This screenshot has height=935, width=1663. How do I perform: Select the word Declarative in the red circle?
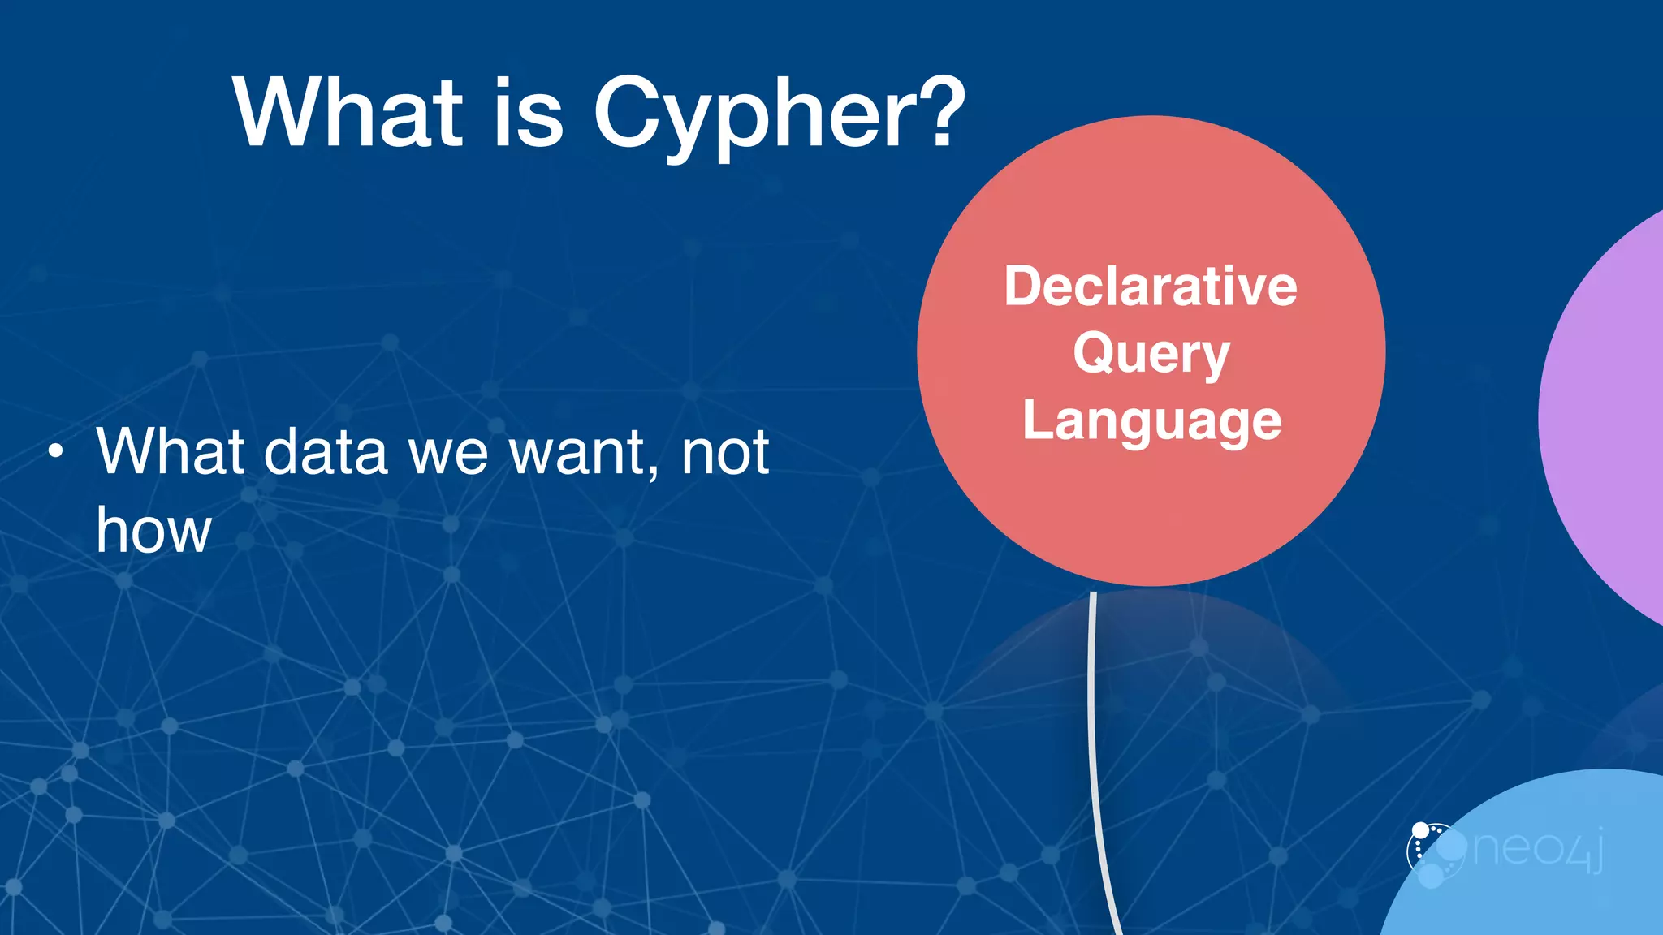[x=1151, y=287]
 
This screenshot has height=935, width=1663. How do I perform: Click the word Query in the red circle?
[x=1151, y=355]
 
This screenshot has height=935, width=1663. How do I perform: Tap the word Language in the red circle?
[x=1151, y=421]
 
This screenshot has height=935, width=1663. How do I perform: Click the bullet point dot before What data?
[x=54, y=451]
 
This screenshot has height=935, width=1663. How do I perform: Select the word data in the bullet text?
[x=326, y=452]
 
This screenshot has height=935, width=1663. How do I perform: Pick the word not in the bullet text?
[x=725, y=452]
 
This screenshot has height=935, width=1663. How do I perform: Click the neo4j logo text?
[x=1537, y=849]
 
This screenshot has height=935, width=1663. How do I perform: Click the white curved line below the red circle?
[x=1093, y=730]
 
